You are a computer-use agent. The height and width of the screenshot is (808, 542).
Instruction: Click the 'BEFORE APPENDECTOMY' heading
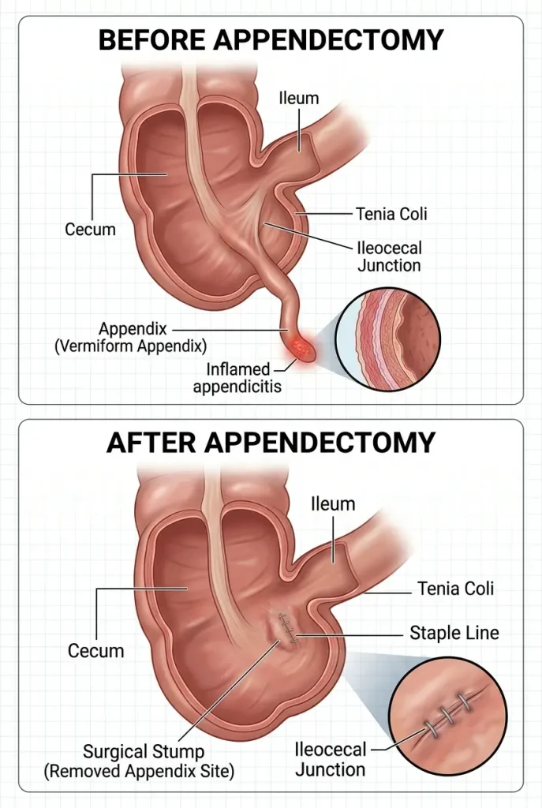coord(271,39)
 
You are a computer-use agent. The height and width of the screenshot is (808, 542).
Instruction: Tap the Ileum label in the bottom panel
coord(334,503)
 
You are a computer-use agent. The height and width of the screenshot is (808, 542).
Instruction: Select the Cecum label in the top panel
coord(91,230)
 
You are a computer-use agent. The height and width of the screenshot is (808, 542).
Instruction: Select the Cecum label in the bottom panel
coord(95,651)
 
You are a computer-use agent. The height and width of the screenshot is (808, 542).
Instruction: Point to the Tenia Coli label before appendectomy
coord(391,213)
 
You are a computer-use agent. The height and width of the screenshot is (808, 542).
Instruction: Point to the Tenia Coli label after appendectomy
coord(454,589)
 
